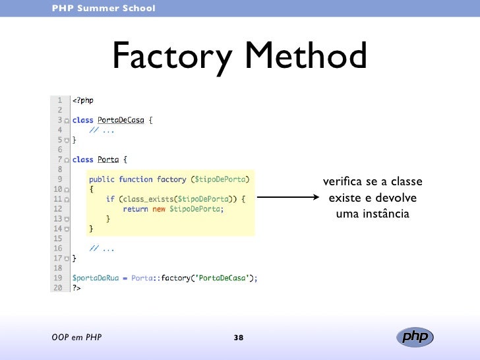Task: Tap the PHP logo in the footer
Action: tap(415, 337)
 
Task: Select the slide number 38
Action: tap(239, 338)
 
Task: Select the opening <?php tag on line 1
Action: tap(83, 100)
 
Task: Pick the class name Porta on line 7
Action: tap(109, 159)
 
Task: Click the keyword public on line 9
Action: tap(102, 179)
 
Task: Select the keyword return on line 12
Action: tap(135, 209)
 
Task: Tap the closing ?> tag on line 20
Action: tap(76, 287)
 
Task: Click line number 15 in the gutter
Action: tap(57, 238)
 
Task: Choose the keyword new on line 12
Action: tap(159, 209)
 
